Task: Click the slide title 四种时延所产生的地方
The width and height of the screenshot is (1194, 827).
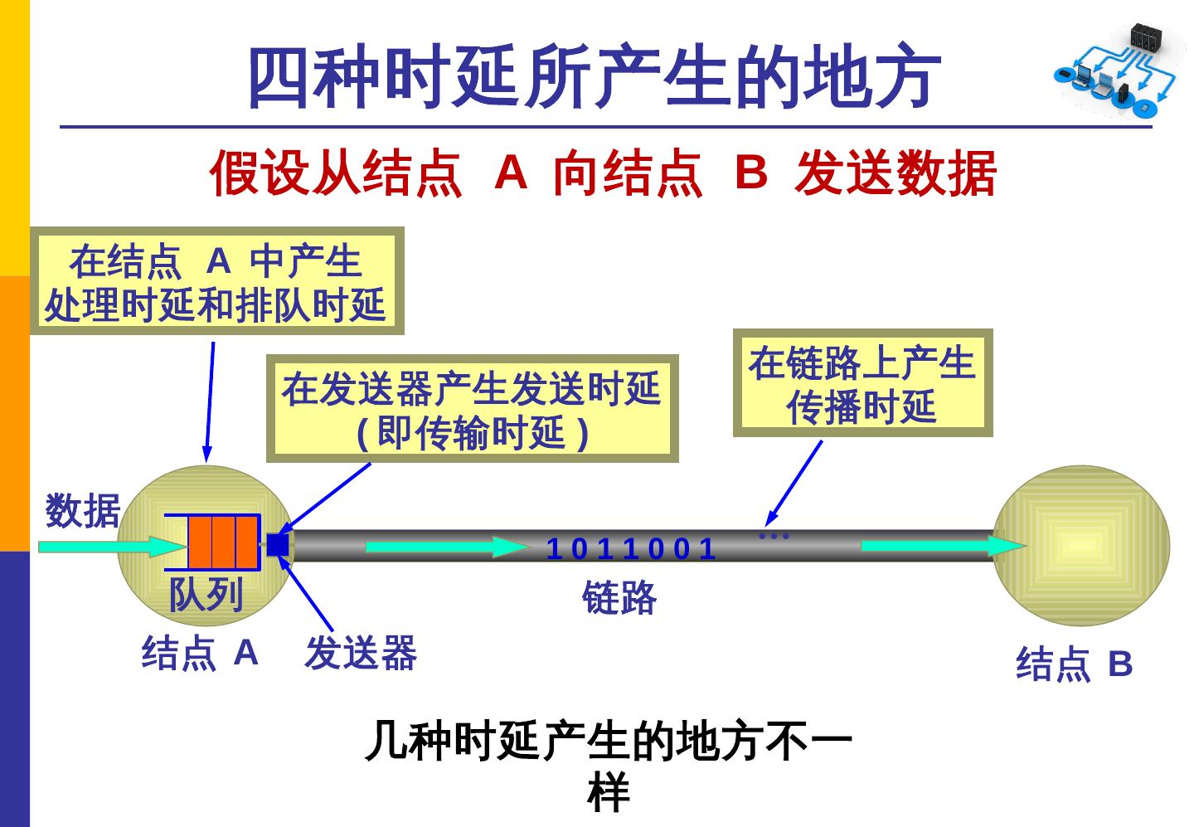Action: [595, 77]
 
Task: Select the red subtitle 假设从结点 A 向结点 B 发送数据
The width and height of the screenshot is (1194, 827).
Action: [603, 173]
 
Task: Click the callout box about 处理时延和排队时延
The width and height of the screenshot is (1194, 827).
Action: [216, 281]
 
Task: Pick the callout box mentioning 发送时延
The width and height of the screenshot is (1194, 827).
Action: [472, 409]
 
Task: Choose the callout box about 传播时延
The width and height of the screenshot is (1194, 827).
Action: [862, 383]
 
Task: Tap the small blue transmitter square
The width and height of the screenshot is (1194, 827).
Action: [277, 545]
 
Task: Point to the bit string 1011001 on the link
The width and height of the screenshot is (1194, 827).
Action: [630, 549]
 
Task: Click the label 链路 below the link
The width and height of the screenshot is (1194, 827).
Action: [619, 597]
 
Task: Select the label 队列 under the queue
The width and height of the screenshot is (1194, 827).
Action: [206, 594]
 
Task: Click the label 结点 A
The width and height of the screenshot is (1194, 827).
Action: [201, 653]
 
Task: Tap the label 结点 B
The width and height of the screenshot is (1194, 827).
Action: [1074, 664]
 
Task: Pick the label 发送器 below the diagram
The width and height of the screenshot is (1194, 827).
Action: [361, 653]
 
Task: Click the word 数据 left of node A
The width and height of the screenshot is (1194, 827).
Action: [83, 510]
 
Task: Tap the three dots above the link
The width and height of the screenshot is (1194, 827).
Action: [774, 537]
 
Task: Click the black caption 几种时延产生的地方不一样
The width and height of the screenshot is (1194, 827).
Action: [609, 766]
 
